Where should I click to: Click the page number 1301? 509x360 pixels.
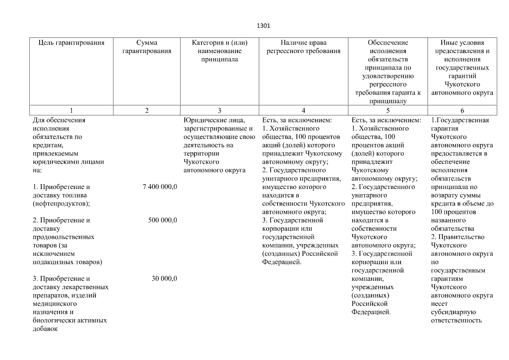263,26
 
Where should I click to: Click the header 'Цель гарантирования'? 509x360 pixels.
71,43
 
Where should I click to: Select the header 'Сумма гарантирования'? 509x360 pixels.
147,47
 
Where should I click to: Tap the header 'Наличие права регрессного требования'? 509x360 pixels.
303,47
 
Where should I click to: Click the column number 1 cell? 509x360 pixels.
71,110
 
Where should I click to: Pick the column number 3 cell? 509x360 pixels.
219,110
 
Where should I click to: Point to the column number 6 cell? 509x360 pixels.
462,110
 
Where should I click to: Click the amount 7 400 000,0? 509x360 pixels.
160,187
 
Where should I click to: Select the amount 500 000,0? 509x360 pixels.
162,220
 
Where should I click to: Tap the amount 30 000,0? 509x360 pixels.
164,279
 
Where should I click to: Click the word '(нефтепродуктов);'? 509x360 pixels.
61,204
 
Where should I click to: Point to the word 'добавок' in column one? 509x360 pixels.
45,329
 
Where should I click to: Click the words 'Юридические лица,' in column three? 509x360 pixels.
214,120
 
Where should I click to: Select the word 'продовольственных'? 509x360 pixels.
64,237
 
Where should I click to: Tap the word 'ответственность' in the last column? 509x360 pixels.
456,320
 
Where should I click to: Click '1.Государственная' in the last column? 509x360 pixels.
460,120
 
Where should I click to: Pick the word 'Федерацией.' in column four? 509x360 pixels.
281,262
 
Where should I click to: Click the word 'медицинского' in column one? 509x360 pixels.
55,304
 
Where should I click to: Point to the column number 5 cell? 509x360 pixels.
388,110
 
